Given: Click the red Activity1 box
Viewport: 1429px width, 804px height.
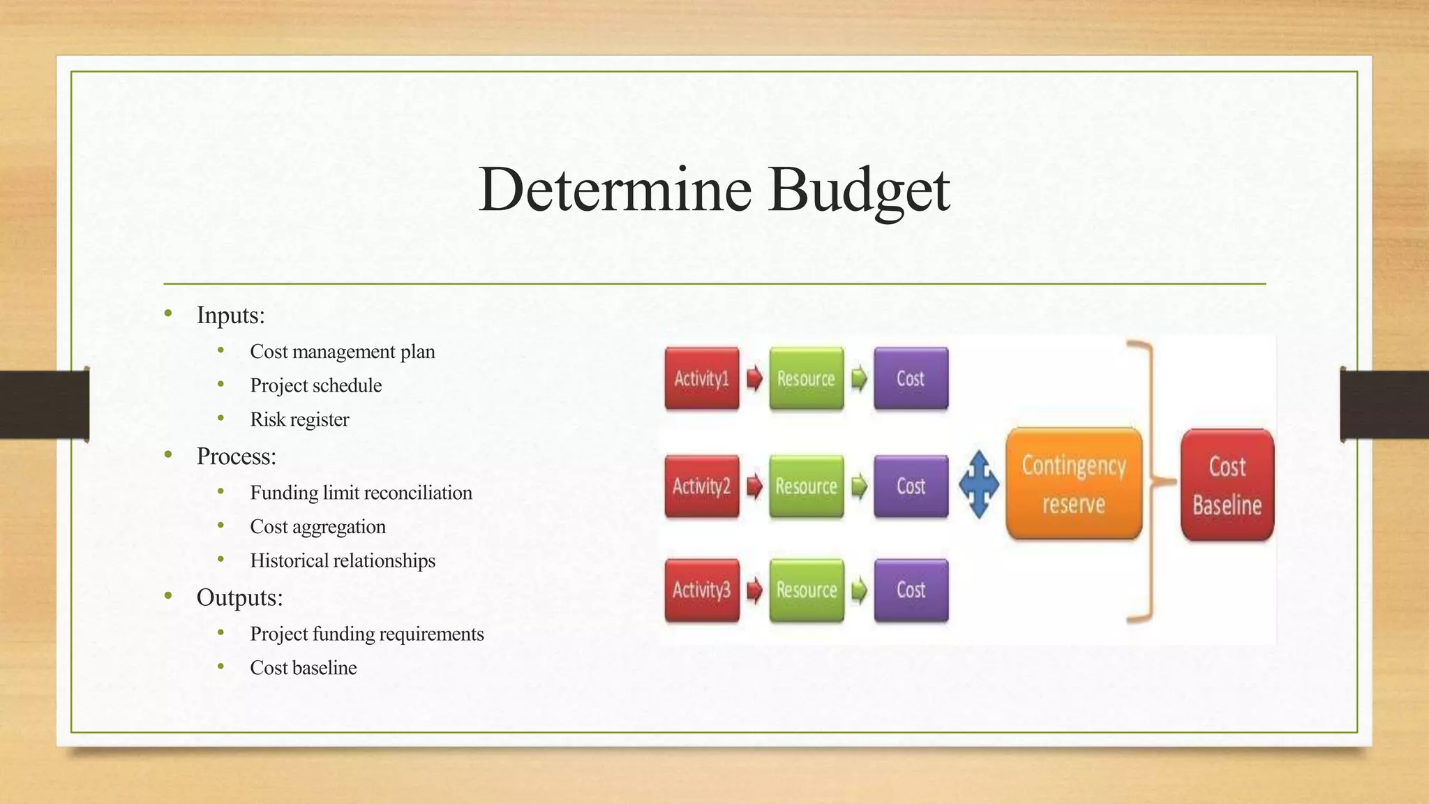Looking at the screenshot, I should [x=701, y=378].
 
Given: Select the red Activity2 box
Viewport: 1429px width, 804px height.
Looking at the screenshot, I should [x=701, y=486].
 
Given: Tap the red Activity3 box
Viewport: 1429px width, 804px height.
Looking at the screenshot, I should [x=701, y=590].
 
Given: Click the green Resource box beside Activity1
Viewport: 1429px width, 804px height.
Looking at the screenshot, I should [x=806, y=378].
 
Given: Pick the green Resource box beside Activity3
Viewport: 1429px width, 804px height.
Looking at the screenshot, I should [x=806, y=590].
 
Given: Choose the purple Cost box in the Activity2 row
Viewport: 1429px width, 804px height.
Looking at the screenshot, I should [x=911, y=486].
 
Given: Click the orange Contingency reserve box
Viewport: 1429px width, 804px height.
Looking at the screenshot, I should [x=1073, y=484].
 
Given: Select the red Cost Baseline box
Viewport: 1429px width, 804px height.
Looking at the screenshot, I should [x=1227, y=485].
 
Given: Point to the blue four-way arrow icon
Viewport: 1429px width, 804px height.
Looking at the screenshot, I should [x=978, y=484].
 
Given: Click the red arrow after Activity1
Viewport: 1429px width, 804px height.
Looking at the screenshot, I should [x=754, y=378].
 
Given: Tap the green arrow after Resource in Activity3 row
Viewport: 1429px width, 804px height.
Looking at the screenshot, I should [x=859, y=590].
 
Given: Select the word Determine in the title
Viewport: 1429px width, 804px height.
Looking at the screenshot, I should [x=615, y=189].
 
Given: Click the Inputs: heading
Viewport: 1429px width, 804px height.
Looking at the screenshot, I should [x=230, y=315].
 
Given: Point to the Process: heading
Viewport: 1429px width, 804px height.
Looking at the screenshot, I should [x=236, y=456].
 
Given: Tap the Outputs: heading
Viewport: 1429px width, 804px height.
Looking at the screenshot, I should [x=239, y=597].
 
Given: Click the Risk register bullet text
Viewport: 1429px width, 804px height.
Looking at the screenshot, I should [x=299, y=419].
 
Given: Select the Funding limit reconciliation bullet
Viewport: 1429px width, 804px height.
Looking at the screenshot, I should [x=361, y=493].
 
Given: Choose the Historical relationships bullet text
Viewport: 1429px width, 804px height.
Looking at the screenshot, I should [x=343, y=560].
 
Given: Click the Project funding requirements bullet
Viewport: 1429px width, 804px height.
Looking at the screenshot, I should [x=367, y=634].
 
